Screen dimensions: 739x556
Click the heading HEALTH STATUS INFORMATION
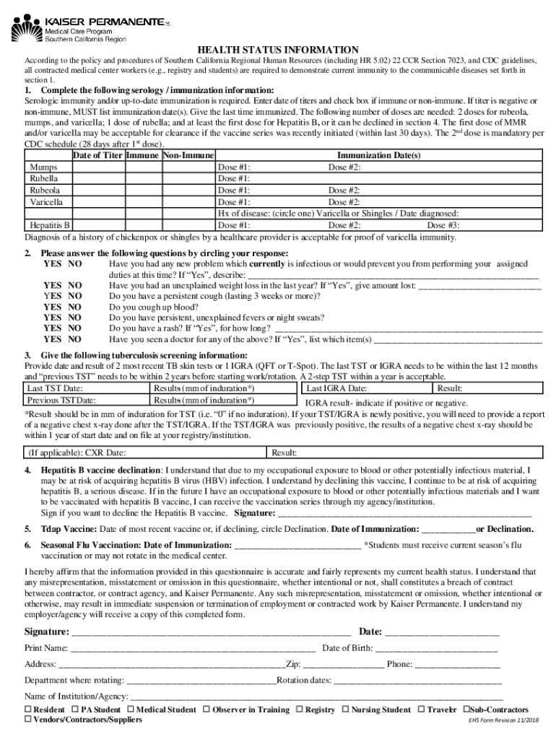click(277, 49)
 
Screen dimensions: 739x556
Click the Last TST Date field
click(87, 388)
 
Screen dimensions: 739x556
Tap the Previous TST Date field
click(87, 401)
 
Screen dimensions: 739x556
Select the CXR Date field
click(144, 452)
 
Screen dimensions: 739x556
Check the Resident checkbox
click(29, 710)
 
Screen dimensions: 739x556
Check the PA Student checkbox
click(76, 710)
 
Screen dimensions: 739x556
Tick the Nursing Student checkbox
click(344, 710)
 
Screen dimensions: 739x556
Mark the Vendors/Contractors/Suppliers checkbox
click(29, 720)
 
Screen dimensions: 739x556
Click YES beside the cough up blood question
click(52, 306)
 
